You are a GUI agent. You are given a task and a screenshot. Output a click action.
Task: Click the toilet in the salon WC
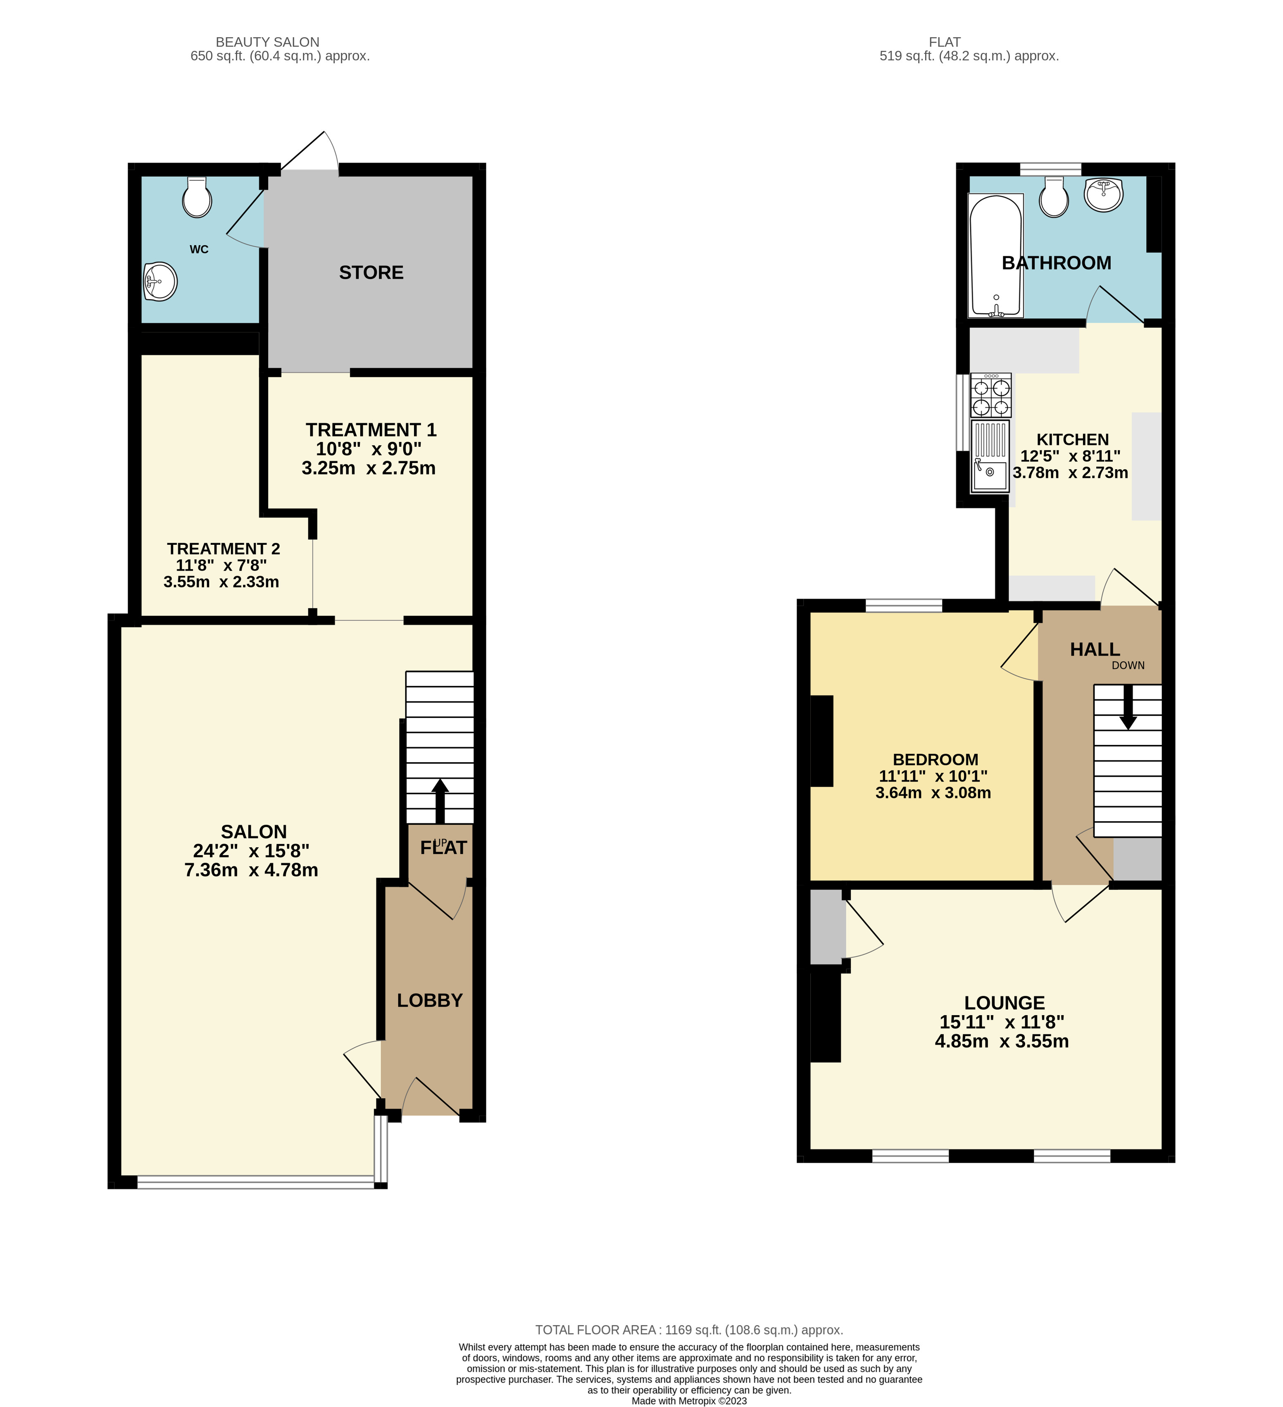coord(197,198)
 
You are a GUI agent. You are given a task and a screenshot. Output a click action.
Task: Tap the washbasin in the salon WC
coord(160,282)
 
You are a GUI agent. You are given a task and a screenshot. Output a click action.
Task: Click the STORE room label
coord(371,273)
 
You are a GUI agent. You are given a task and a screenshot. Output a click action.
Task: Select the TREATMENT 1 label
coord(371,430)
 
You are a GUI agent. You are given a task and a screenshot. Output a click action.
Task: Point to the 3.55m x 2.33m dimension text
coord(221,582)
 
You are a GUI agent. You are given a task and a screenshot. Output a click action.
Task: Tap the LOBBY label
coord(430,1000)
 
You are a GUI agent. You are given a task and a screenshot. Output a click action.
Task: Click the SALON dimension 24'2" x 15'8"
coord(251,851)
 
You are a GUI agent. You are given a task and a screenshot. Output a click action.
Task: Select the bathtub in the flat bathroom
coord(995,255)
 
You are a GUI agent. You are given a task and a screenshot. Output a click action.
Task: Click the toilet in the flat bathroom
coord(1054,198)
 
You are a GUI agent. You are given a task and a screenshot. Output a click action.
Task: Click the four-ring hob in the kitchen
coord(991,396)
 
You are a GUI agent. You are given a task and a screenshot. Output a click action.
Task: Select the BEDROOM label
coord(935,759)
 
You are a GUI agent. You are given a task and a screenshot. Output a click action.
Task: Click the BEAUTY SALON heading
coord(267,42)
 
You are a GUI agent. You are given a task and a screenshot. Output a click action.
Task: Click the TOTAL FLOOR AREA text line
coord(688,1330)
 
